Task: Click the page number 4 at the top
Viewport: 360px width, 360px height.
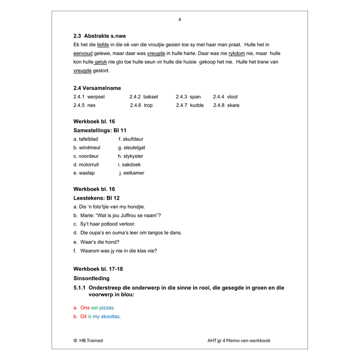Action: tap(180, 19)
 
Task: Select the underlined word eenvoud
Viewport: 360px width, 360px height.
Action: tap(83, 53)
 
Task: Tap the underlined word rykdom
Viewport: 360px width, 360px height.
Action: tap(237, 53)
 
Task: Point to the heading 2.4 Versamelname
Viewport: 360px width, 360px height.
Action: tap(97, 88)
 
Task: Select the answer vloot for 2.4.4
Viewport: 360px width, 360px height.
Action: tap(232, 97)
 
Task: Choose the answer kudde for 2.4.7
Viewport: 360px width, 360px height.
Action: tap(197, 105)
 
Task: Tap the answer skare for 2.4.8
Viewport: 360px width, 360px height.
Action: tap(233, 105)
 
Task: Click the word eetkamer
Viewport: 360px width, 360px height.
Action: tap(134, 173)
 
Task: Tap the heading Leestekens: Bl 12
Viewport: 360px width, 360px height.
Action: tap(97, 198)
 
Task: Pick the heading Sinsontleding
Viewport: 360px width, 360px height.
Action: tap(91, 278)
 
